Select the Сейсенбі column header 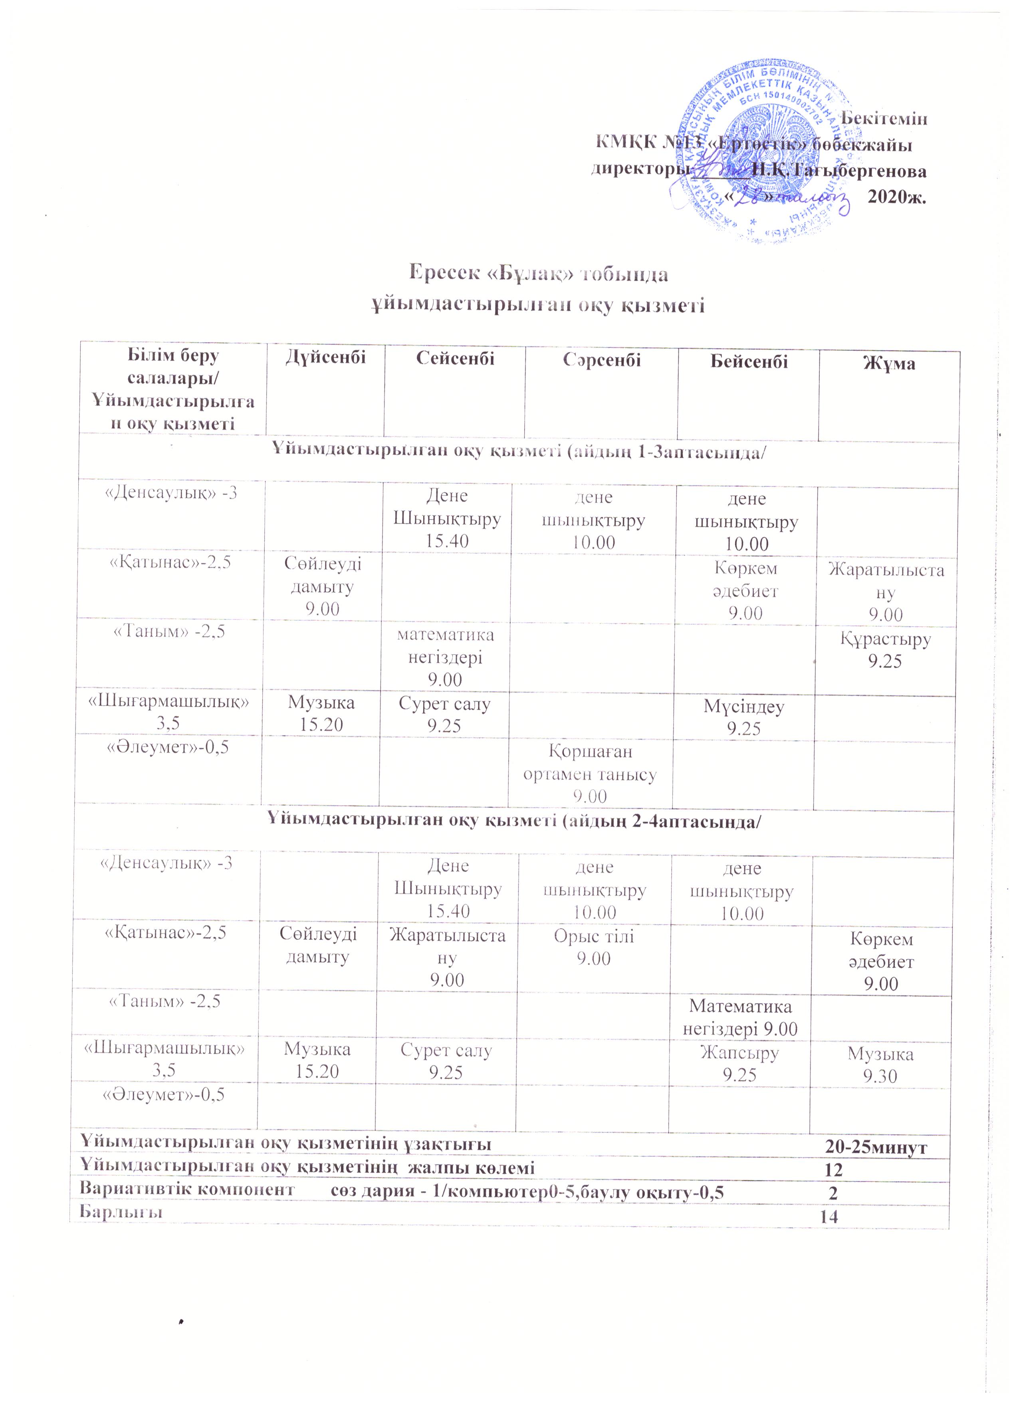click(x=455, y=359)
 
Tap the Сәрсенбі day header click(x=601, y=360)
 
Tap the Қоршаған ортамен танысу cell click(x=590, y=773)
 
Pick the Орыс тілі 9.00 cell click(x=593, y=947)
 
